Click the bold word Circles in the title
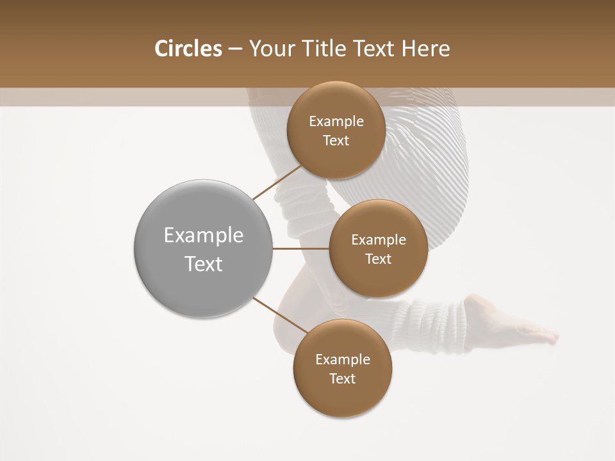coord(188,49)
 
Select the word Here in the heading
coord(426,49)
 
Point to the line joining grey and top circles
coord(277,182)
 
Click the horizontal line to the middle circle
coord(300,248)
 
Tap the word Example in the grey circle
coord(203,236)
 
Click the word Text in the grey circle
coord(203,264)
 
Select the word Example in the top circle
coord(336,122)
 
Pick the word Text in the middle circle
coord(378,259)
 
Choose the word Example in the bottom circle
coord(342,360)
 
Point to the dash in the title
coord(235,49)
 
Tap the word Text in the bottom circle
coord(342,378)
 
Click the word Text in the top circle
coord(336,140)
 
